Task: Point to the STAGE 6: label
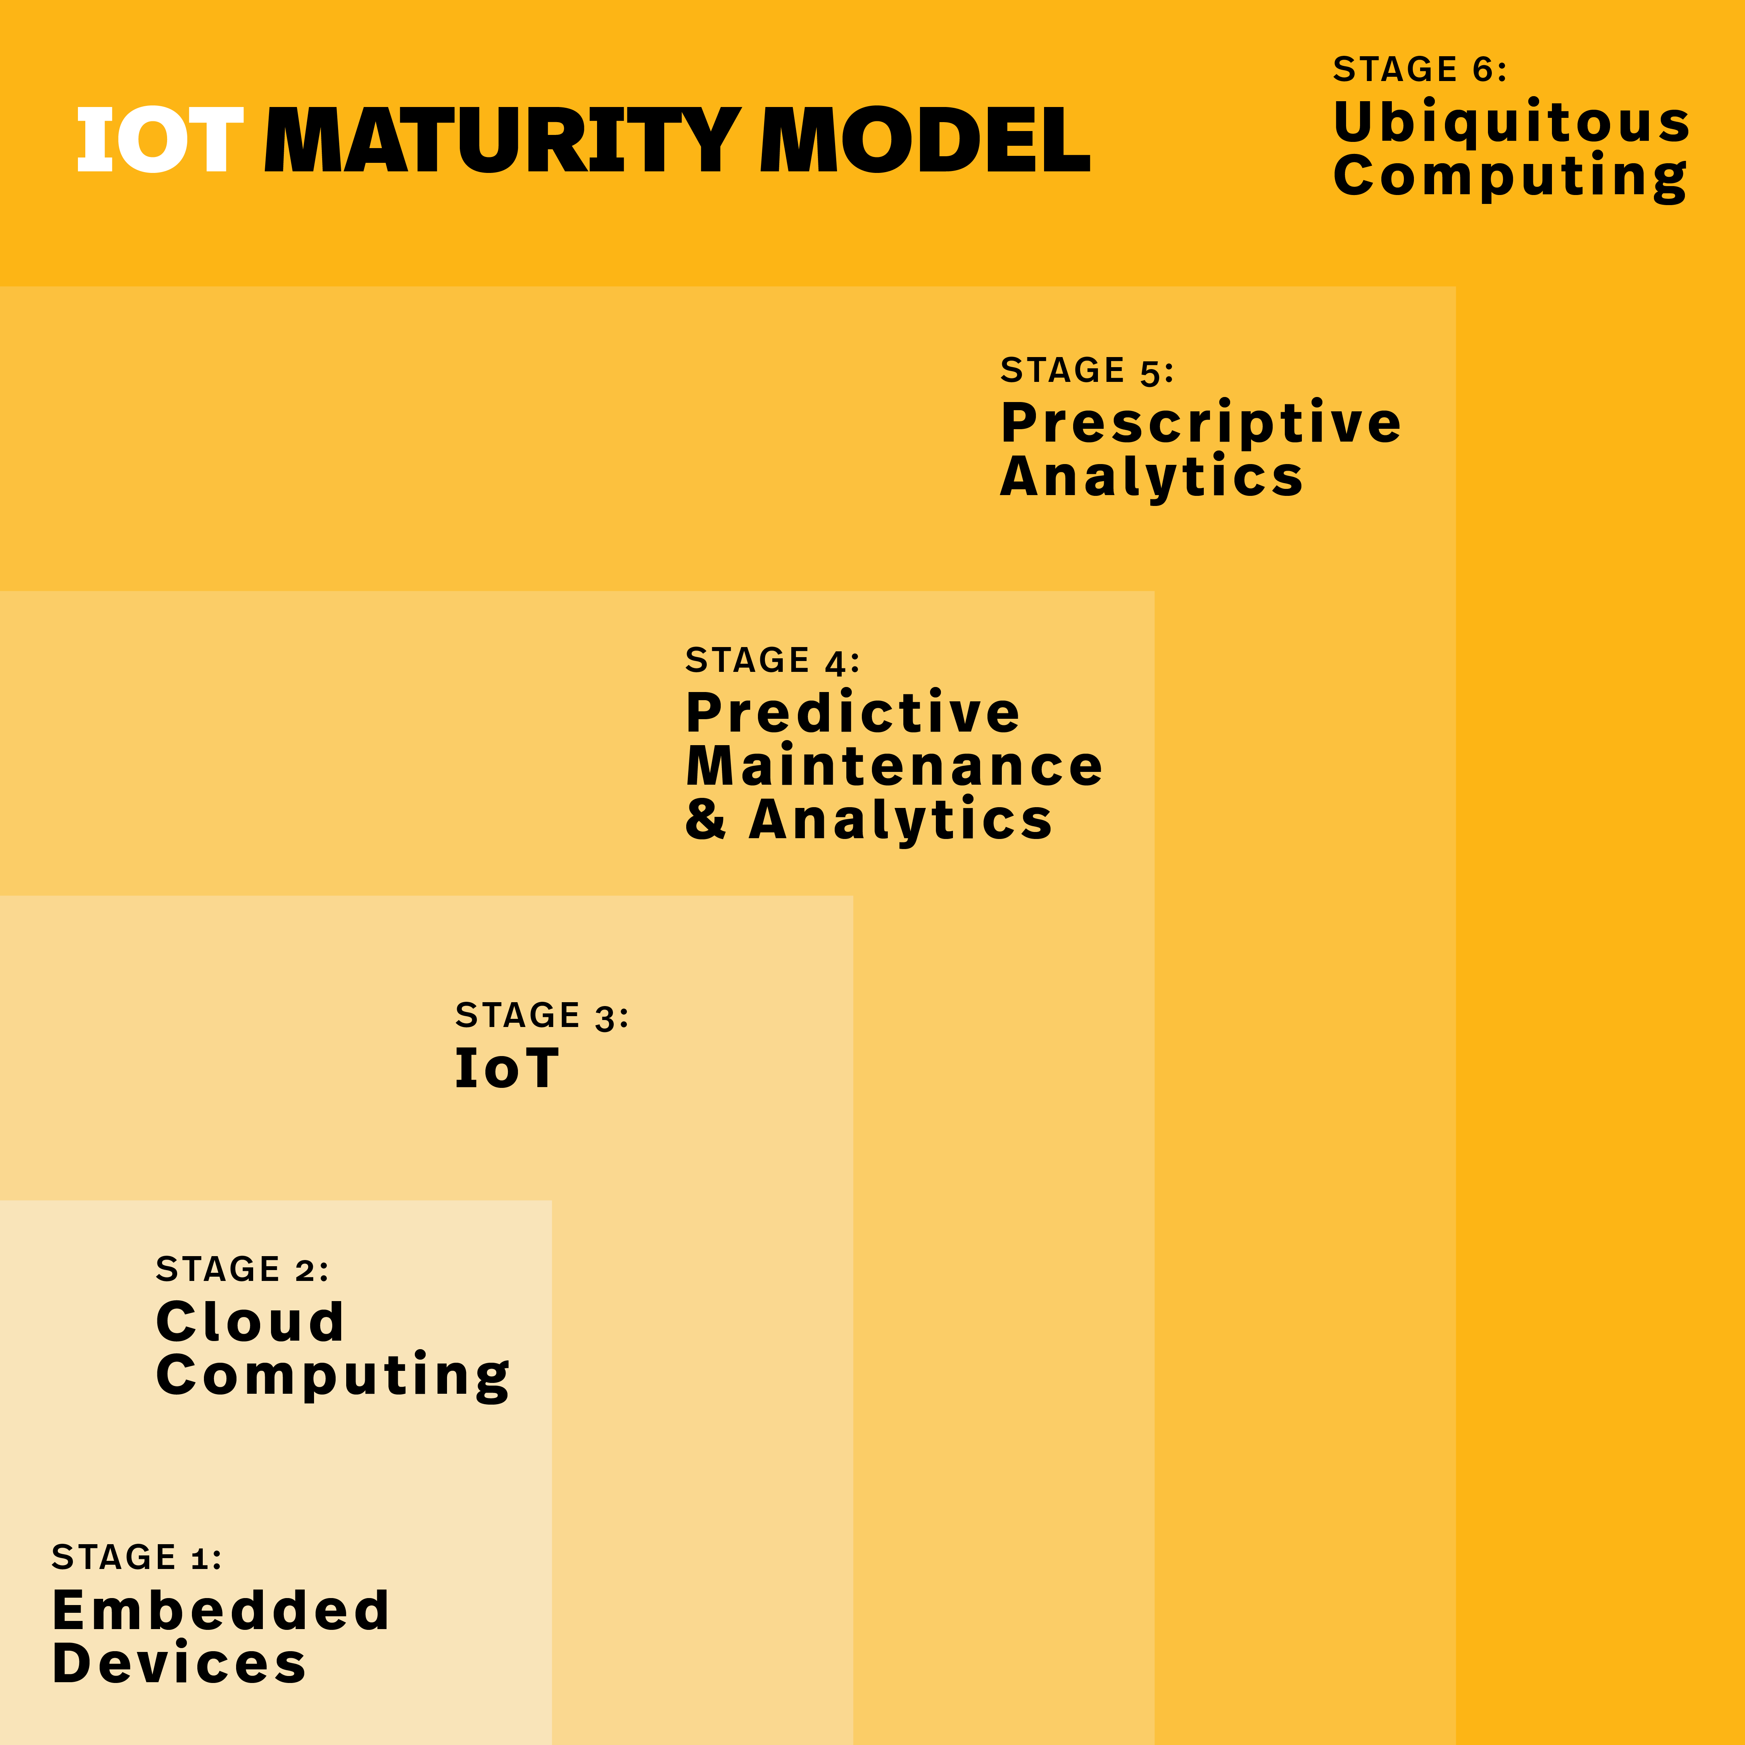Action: pyautogui.click(x=1420, y=69)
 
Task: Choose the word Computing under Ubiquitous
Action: pyautogui.click(x=1509, y=176)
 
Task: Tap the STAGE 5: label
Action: pyautogui.click(x=1087, y=370)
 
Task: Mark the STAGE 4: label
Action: pyautogui.click(x=772, y=660)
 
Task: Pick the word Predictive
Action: pyautogui.click(x=853, y=713)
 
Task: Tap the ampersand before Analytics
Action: pyautogui.click(x=706, y=818)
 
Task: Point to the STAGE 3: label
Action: pyautogui.click(x=542, y=1015)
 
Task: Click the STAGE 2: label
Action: pyautogui.click(x=242, y=1269)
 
